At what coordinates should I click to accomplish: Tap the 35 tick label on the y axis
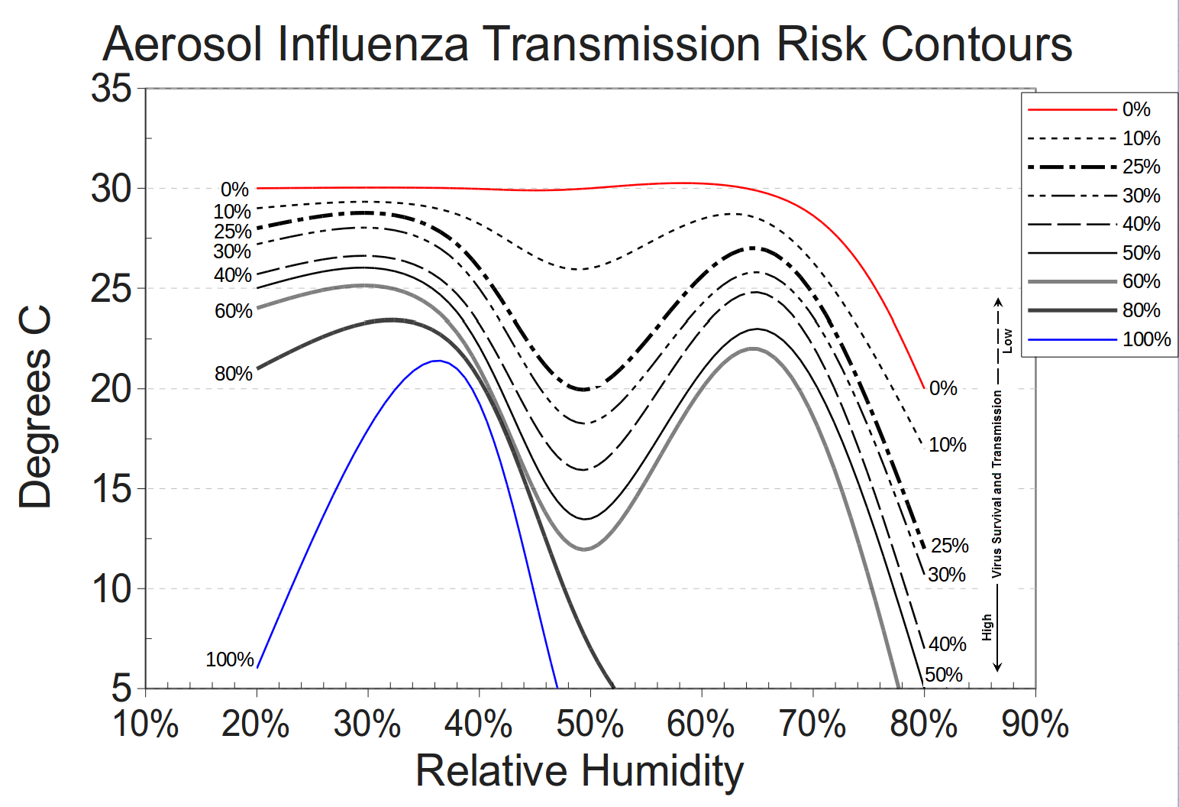coord(111,89)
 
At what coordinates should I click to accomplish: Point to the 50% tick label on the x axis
coord(589,724)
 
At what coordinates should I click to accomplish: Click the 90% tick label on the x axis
coord(1035,724)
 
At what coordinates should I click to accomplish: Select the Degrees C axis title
coord(35,407)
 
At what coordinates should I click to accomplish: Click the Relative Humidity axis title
coord(579,770)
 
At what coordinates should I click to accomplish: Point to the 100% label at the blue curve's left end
coord(229,659)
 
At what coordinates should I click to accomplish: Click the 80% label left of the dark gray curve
coord(233,374)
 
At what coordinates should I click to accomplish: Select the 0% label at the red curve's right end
coord(943,388)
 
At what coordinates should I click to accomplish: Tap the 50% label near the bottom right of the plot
coord(944,675)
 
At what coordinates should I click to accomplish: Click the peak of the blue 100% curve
coord(438,361)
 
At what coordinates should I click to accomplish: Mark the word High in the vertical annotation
coord(987,627)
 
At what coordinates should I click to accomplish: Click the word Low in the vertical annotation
coord(1007,341)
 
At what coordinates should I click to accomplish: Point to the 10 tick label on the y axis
coord(111,588)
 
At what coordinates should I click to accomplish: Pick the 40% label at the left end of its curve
coord(233,275)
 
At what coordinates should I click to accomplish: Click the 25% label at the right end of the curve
coord(950,546)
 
